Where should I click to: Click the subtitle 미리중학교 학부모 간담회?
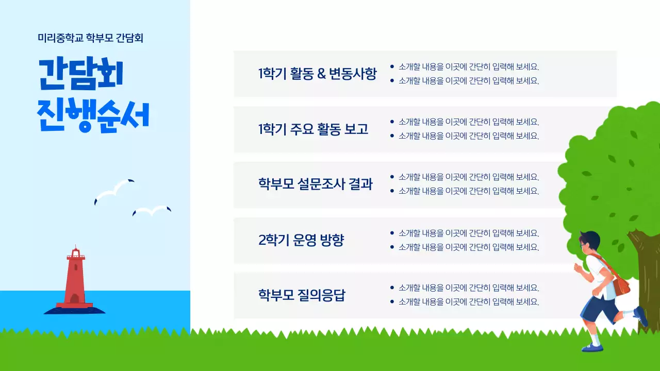click(90, 38)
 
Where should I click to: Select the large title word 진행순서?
click(93, 116)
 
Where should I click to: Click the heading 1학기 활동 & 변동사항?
click(317, 74)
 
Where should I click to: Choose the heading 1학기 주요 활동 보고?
click(313, 129)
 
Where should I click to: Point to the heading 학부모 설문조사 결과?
click(315, 184)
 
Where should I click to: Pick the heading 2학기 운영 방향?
click(301, 240)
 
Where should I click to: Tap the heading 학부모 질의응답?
click(302, 295)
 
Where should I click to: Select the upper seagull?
click(114, 191)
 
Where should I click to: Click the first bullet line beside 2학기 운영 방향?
click(468, 233)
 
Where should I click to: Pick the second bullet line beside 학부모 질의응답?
click(468, 302)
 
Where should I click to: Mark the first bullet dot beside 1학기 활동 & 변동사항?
click(392, 66)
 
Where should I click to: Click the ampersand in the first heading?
click(321, 74)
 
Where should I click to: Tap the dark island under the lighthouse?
click(74, 310)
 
